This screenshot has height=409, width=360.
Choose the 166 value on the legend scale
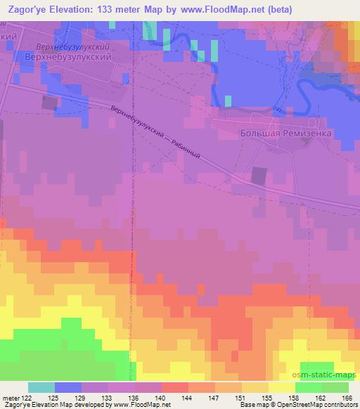(x=345, y=397)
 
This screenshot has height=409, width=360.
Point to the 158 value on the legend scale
(x=301, y=397)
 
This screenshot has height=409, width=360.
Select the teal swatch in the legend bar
(x=41, y=387)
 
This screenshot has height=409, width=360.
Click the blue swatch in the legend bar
(x=68, y=387)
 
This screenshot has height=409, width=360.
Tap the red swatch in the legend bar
(x=175, y=387)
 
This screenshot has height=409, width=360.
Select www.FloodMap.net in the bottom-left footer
(x=141, y=405)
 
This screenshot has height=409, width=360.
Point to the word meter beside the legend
(x=11, y=397)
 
